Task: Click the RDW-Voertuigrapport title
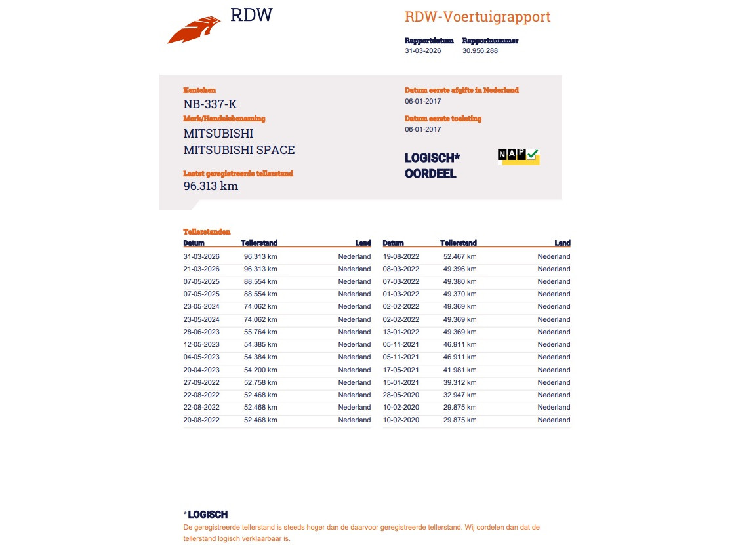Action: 477,17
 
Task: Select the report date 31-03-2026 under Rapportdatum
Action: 423,50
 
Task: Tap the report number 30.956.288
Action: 480,50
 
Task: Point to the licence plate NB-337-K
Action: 210,104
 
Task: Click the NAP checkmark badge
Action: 518,155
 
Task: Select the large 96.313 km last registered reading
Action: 211,186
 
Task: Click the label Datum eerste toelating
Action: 443,119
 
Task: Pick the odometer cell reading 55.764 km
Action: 260,332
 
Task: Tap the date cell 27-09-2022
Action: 201,382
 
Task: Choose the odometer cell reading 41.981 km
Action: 460,370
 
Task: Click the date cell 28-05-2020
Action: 401,395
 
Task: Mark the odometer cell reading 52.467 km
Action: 460,256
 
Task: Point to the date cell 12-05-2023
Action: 201,344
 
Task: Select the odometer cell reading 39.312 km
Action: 460,382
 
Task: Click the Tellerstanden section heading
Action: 207,232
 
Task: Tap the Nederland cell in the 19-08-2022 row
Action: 554,256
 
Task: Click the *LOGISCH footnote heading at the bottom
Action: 206,515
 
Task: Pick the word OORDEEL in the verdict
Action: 430,174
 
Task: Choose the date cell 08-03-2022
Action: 401,269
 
